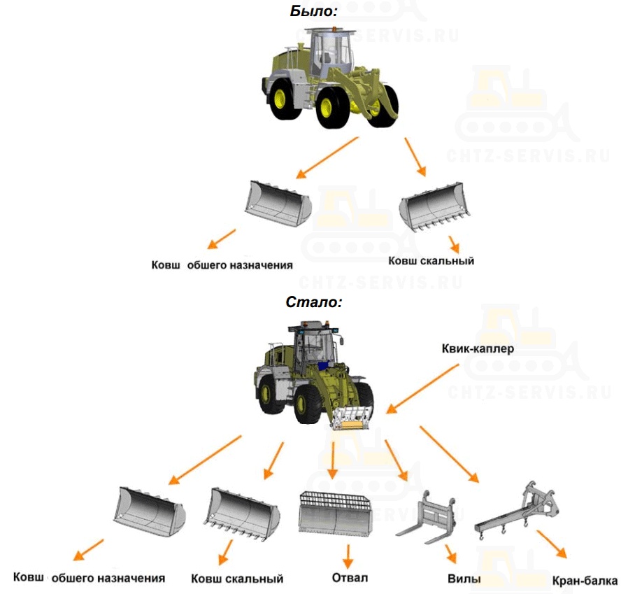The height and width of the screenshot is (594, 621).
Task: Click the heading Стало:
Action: [x=313, y=303]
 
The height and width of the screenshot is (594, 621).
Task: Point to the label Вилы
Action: [x=464, y=579]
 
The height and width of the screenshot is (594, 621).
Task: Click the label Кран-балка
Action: [x=585, y=581]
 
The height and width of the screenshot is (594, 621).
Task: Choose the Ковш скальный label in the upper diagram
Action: [x=431, y=261]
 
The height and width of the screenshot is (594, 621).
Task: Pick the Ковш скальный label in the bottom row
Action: [x=237, y=579]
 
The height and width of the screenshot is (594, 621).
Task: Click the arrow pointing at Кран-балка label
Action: [x=551, y=544]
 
